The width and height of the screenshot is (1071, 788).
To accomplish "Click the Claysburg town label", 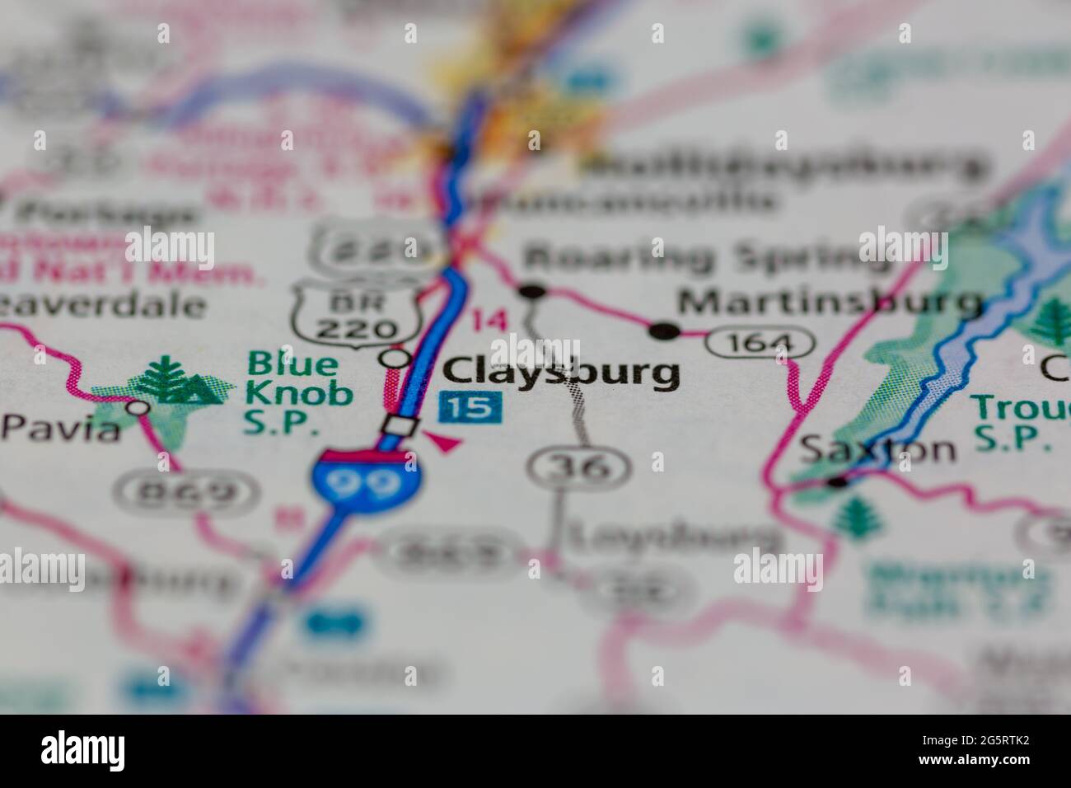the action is point(562,373).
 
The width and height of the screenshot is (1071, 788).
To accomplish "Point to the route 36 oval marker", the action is point(581,467).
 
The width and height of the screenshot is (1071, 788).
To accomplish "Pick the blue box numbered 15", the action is point(471,406).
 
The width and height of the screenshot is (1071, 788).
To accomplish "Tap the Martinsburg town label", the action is point(830,303).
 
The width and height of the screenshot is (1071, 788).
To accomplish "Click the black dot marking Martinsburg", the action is point(663,331).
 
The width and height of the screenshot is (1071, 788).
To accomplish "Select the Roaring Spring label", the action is point(709,257).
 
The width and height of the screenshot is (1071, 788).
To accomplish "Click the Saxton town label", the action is point(878,450).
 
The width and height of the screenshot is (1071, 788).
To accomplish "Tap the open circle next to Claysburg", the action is point(397,358).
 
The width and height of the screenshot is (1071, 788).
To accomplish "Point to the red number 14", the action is point(489,320).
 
